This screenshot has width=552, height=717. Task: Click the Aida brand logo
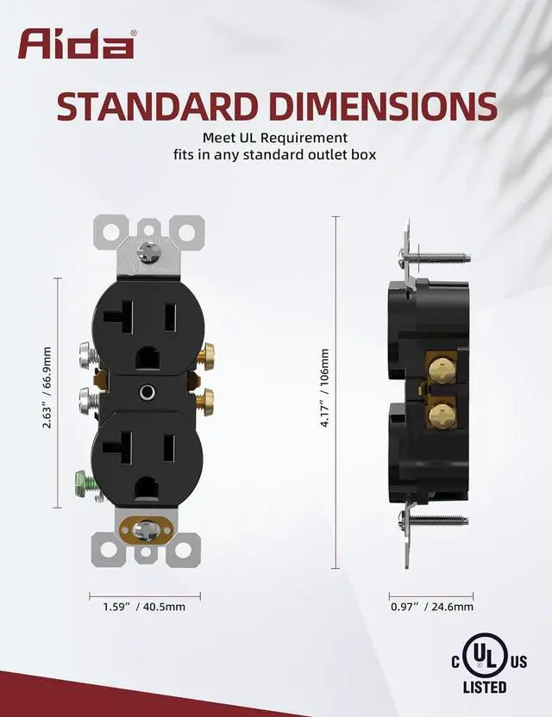(x=76, y=44)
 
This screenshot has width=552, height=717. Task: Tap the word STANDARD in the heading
(x=154, y=106)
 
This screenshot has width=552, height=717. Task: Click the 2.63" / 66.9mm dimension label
(x=47, y=388)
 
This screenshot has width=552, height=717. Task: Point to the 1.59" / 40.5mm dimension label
(x=144, y=607)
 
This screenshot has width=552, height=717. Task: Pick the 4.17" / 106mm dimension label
(x=324, y=388)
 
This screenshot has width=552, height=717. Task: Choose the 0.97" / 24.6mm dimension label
(x=431, y=607)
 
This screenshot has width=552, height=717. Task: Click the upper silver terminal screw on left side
(x=88, y=353)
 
